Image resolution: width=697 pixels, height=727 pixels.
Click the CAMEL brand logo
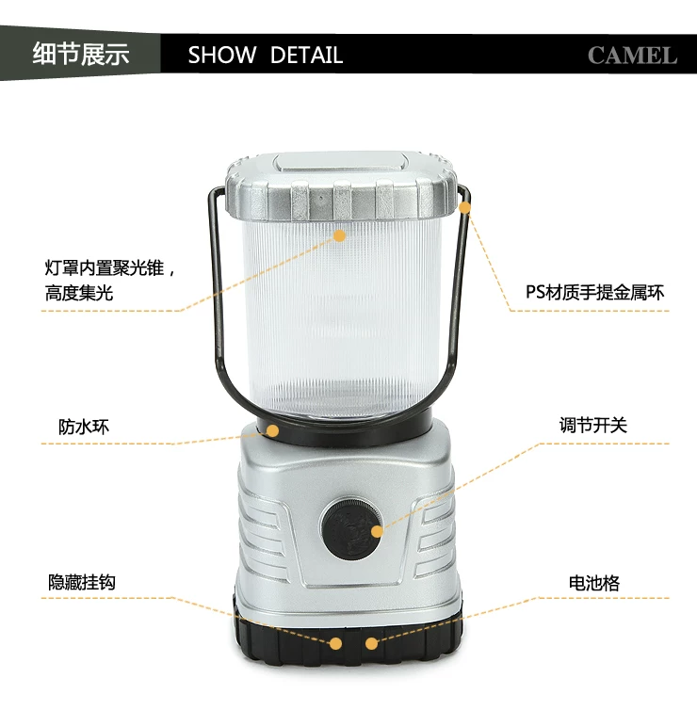coord(632,56)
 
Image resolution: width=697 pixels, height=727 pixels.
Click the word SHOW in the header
coord(222,55)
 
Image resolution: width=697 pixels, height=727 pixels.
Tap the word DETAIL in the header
coord(306,55)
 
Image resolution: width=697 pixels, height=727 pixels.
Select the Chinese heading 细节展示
coord(81,54)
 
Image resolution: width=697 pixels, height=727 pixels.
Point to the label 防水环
coord(84,427)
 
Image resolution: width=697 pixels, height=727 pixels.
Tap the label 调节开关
coord(593,425)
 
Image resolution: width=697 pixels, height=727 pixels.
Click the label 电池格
coord(594,583)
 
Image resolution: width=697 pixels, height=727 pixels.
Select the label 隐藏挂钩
coord(82,582)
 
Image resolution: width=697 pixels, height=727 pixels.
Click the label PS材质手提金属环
coord(594,292)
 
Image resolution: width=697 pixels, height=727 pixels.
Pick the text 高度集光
coord(79,293)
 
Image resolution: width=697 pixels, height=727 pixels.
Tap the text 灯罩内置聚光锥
coord(104,268)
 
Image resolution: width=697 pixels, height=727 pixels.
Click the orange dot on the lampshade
coord(339,235)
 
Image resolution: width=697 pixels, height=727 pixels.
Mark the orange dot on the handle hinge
coord(464,207)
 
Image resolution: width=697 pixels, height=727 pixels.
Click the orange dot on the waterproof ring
coord(272,431)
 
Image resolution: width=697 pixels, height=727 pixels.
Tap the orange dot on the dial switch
coord(378,531)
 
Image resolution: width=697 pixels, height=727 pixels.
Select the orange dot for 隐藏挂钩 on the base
coord(335,643)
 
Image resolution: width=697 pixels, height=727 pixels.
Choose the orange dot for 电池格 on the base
coord(371,643)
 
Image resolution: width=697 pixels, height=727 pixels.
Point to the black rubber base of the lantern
coord(348,639)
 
